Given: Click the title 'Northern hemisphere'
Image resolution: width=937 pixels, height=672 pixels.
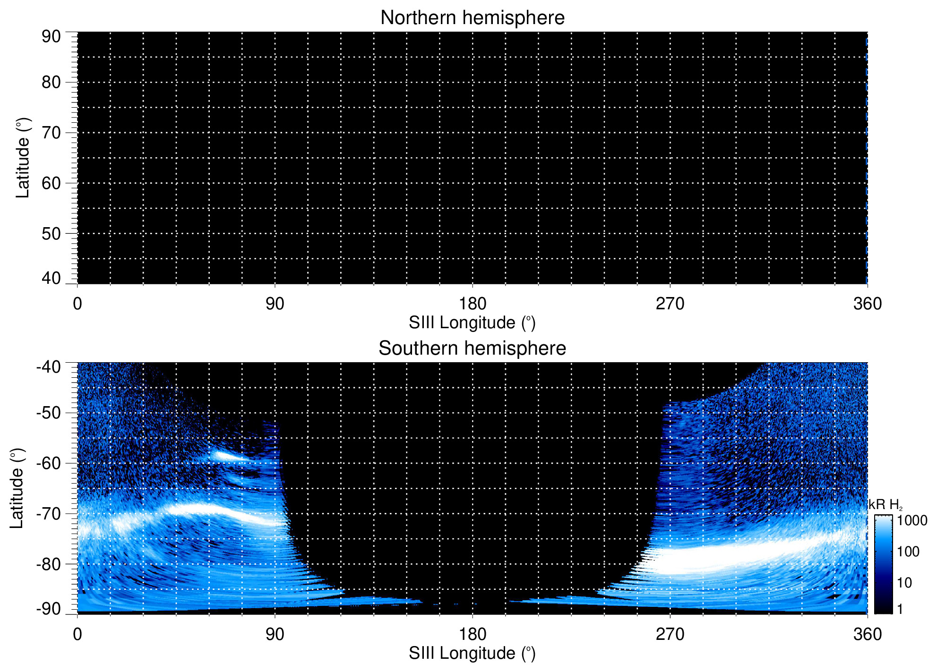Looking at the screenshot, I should click(472, 18).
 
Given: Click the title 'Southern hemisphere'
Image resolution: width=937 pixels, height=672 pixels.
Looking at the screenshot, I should click(472, 349).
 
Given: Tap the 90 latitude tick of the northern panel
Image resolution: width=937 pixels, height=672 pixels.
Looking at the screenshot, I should click(51, 36).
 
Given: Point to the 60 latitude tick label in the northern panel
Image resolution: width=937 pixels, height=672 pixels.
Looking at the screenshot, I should click(51, 183).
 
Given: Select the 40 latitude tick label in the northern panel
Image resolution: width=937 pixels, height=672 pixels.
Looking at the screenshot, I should click(51, 278).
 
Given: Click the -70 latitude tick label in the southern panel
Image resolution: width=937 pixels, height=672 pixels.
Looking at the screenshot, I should click(48, 513).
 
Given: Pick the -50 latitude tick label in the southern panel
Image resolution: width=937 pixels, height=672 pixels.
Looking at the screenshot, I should click(48, 413).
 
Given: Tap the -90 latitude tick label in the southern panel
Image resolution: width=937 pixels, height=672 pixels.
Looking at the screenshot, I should click(48, 609).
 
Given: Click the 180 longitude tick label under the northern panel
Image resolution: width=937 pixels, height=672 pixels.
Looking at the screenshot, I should click(472, 304).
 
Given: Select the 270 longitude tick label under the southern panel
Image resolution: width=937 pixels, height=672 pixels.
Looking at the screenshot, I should click(670, 634).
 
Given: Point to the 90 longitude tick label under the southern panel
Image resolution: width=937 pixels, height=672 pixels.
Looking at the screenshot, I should click(275, 634).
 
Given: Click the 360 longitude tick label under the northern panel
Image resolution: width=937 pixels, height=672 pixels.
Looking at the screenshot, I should click(867, 304).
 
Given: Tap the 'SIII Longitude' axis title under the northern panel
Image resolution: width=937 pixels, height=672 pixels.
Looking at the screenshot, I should click(472, 323).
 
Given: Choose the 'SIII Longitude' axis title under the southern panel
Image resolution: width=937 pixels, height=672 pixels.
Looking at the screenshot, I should click(472, 654).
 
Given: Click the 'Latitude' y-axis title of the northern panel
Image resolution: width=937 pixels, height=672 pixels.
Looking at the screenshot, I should click(23, 158).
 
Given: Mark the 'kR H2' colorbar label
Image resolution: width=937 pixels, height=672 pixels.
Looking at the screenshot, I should click(885, 505).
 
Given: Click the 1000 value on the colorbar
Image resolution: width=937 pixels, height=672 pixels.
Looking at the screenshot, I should click(912, 521).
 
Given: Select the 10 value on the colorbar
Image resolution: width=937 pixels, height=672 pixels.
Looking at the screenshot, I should click(904, 583).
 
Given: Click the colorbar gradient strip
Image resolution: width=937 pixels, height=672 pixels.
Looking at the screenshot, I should click(883, 564).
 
